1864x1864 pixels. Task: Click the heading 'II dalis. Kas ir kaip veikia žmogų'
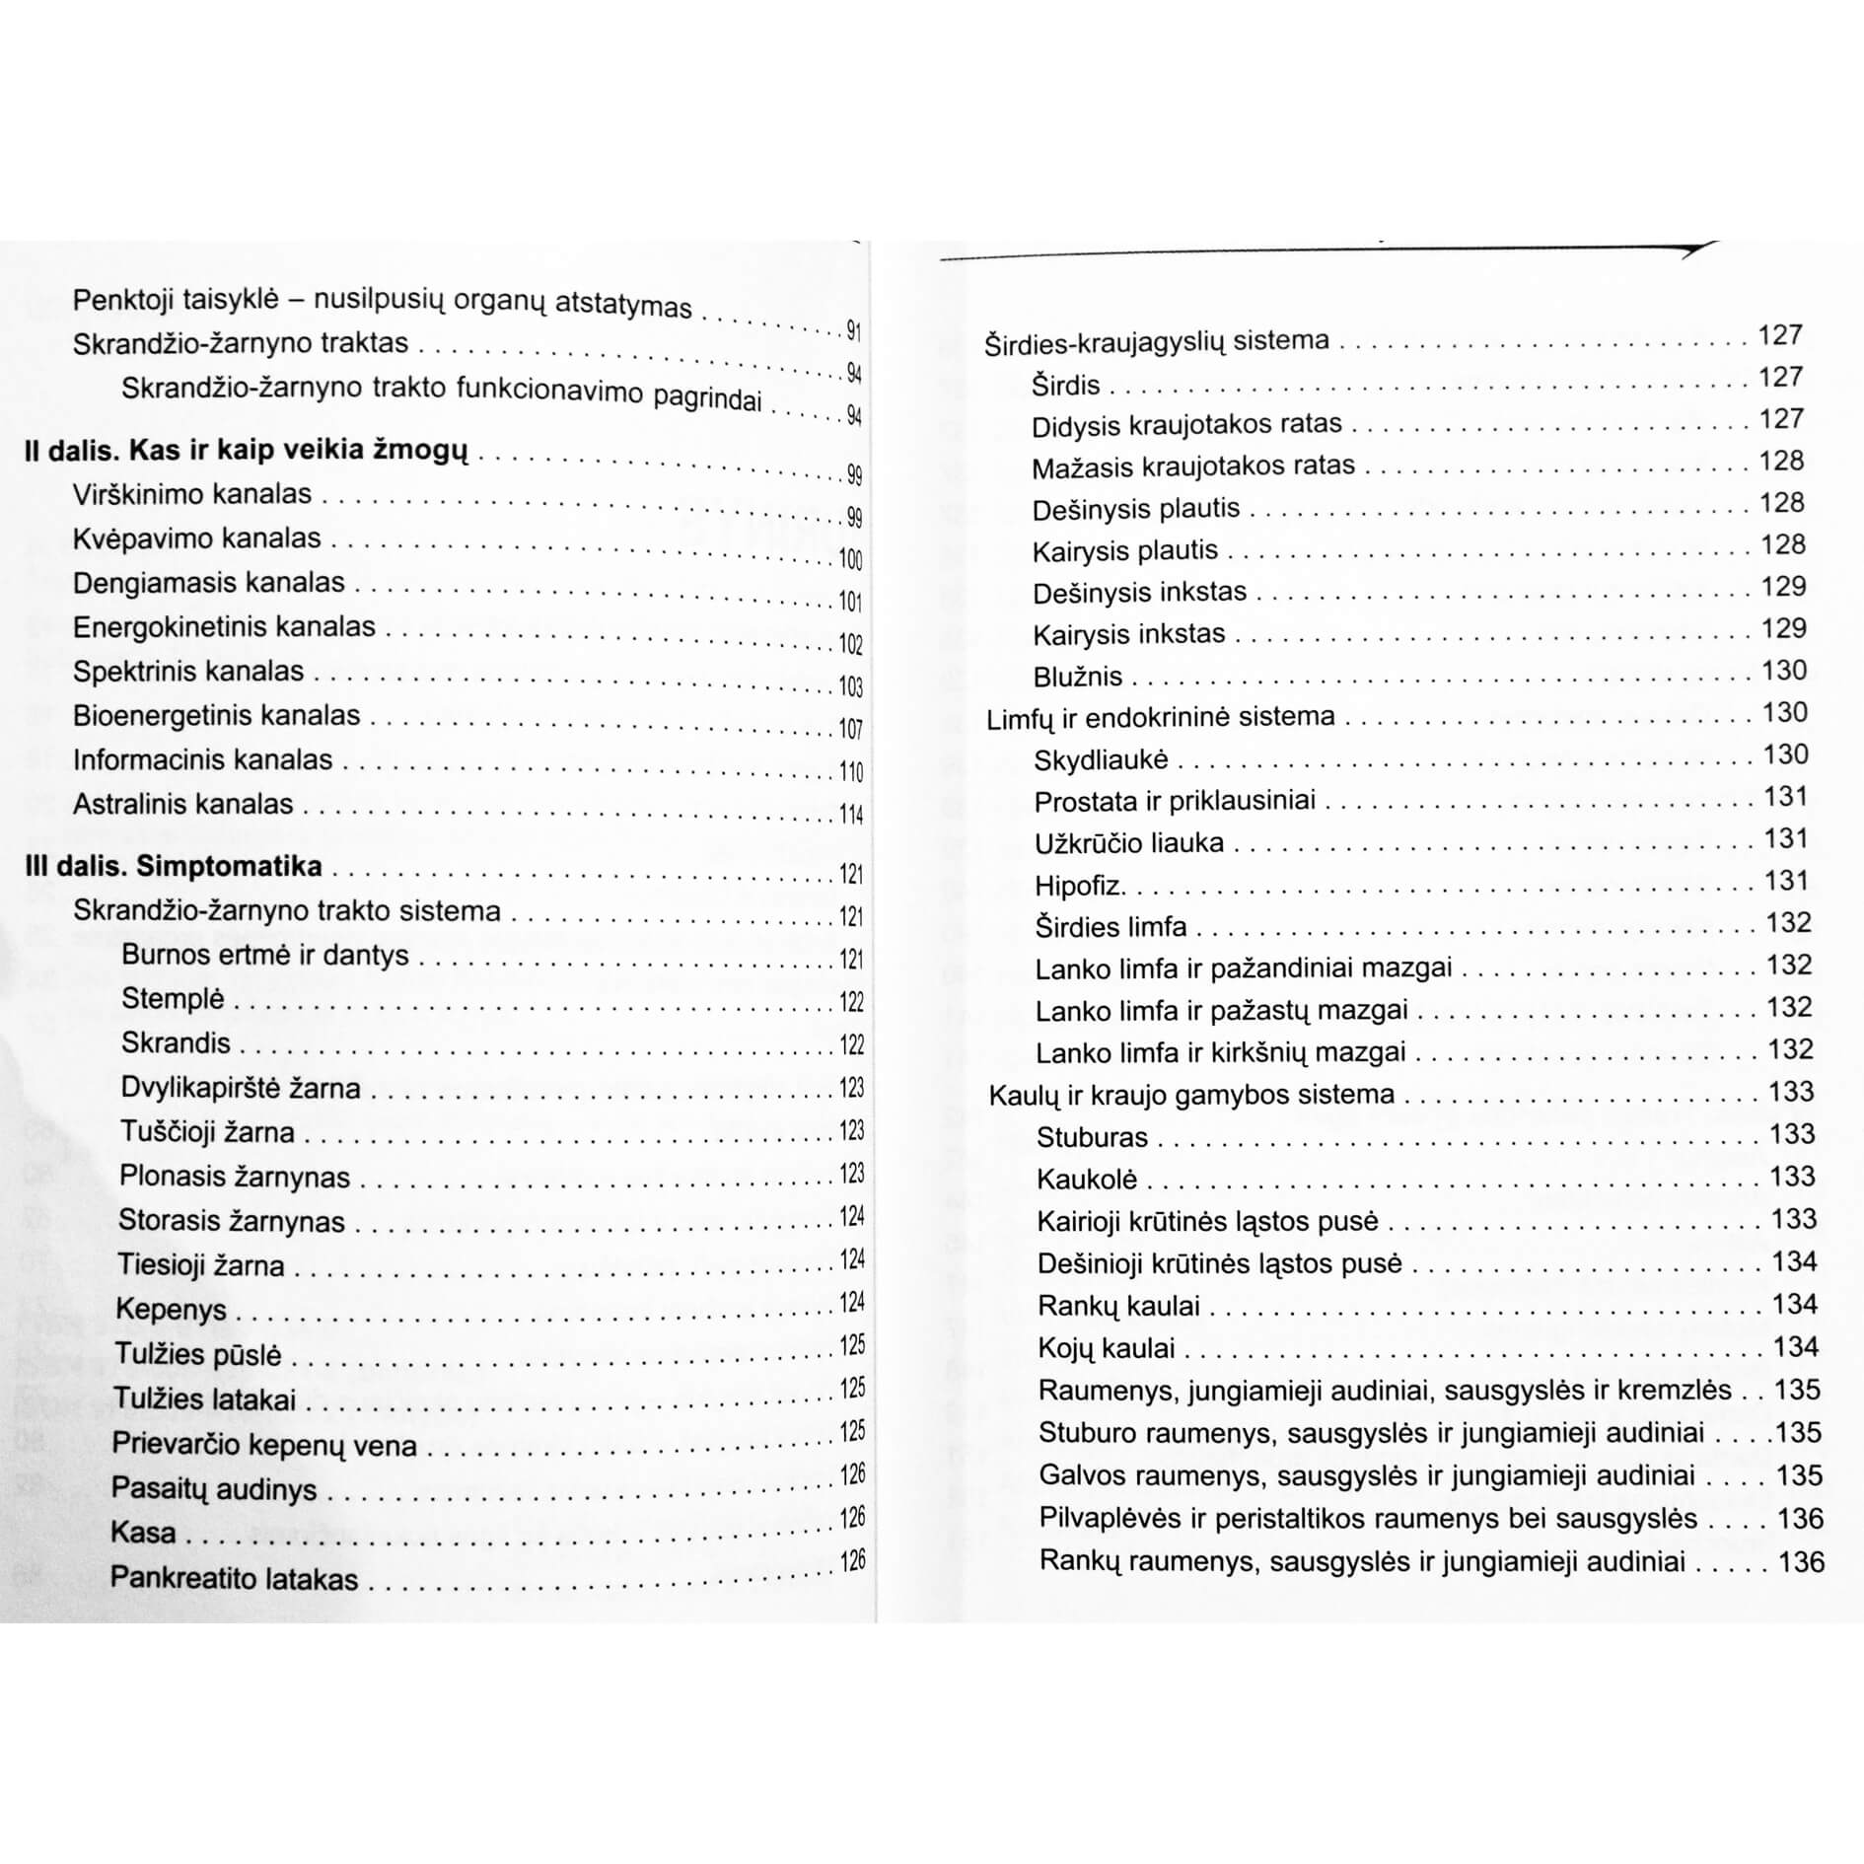tap(246, 451)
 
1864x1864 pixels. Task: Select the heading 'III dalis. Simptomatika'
tap(174, 866)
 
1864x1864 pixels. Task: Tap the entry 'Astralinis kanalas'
tap(183, 804)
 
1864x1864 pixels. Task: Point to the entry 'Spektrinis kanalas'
tap(188, 672)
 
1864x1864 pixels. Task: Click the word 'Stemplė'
tap(174, 999)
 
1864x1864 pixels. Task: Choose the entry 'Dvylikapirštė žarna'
tap(241, 1088)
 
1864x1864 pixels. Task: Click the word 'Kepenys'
tap(172, 1309)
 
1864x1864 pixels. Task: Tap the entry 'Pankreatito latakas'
tap(234, 1578)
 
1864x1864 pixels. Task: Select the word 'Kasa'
tap(144, 1532)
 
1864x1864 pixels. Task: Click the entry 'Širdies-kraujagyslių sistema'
tap(1157, 341)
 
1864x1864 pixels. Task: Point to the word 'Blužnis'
tap(1078, 677)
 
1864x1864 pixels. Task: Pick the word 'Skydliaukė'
tap(1101, 760)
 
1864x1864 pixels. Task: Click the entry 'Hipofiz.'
tap(1080, 886)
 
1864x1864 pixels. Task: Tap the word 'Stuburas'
tap(1092, 1137)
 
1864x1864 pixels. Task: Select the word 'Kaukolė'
tap(1087, 1180)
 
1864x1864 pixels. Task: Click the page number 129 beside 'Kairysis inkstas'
tap(1784, 628)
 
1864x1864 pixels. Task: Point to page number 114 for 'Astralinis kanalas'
tap(851, 815)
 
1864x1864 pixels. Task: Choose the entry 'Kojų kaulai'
tap(1106, 1348)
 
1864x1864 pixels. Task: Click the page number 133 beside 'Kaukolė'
tap(1792, 1176)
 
